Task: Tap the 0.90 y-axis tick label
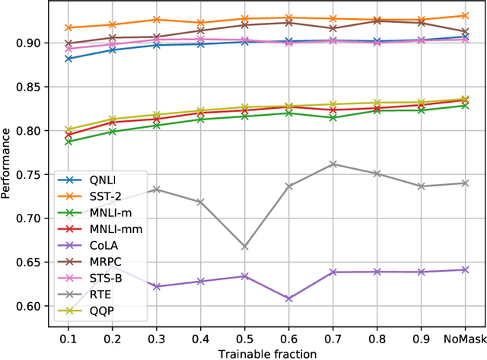(x=33, y=43)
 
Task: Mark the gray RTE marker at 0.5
(x=244, y=247)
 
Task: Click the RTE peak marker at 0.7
(x=332, y=164)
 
